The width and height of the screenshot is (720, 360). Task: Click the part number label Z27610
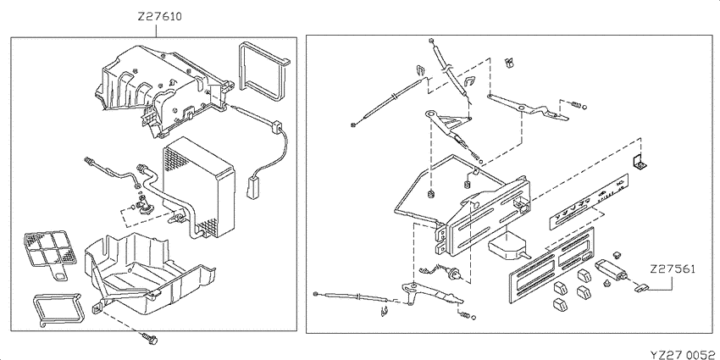pyautogui.click(x=159, y=17)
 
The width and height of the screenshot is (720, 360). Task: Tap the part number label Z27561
pyautogui.click(x=673, y=269)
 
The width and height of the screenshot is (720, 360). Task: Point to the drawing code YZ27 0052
pyautogui.click(x=684, y=354)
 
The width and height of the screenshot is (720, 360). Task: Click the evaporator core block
pyautogui.click(x=199, y=187)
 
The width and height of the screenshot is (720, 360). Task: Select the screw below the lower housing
pyautogui.click(x=150, y=339)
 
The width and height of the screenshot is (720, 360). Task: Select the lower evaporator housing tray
pyautogui.click(x=147, y=275)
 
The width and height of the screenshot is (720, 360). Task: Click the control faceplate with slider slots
pyautogui.click(x=551, y=264)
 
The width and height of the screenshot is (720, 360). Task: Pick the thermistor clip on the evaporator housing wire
pyautogui.click(x=277, y=127)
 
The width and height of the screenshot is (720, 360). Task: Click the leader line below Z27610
pyautogui.click(x=157, y=30)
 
